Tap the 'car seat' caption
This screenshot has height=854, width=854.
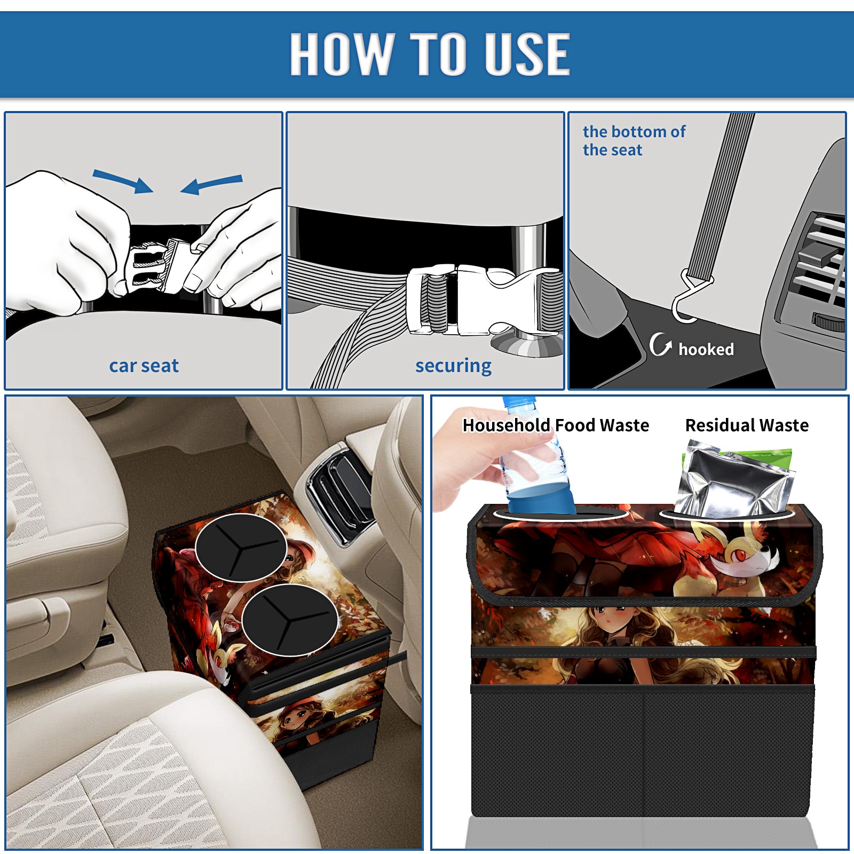point(144,366)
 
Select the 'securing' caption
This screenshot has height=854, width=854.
point(453,366)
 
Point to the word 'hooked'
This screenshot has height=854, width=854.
point(706,349)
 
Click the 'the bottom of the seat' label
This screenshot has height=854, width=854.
point(634,140)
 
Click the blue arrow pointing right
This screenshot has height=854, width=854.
point(123,181)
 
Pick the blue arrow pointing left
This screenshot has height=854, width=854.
point(211,184)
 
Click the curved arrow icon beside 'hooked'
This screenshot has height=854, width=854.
point(660,344)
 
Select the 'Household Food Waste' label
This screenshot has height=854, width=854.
point(556,425)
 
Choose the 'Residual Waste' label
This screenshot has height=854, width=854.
point(747,425)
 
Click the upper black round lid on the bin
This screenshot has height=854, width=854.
point(241,548)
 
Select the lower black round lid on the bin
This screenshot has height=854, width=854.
point(289,619)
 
